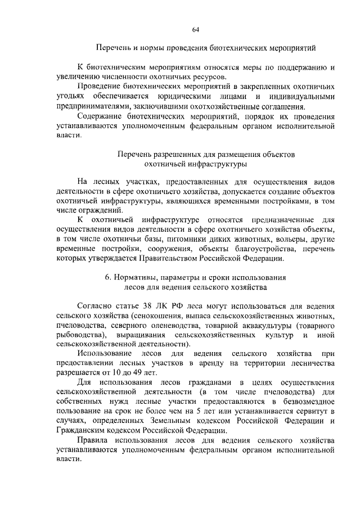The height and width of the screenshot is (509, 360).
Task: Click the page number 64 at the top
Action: (196, 29)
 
